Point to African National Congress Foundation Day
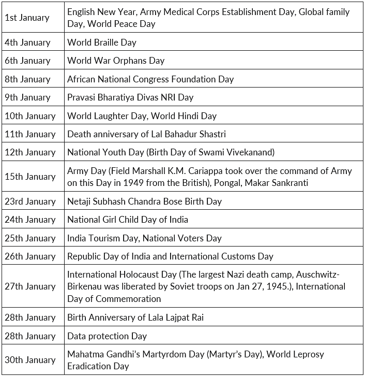[150, 79]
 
